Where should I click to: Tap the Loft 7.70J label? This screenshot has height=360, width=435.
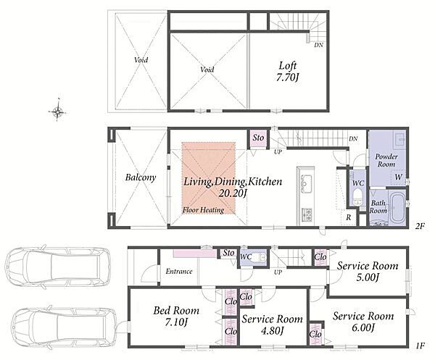pyautogui.click(x=288, y=72)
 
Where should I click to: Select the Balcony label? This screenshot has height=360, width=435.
pyautogui.click(x=141, y=177)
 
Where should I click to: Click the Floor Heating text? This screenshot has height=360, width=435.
pyautogui.click(x=203, y=210)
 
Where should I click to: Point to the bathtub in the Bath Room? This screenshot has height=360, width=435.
pyautogui.click(x=397, y=206)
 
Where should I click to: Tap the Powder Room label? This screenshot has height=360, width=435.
pyautogui.click(x=386, y=160)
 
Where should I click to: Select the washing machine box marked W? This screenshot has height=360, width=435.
pyautogui.click(x=398, y=177)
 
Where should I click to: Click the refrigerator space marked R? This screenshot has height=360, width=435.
pyautogui.click(x=348, y=217)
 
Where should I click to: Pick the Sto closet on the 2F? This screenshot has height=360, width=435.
pyautogui.click(x=258, y=138)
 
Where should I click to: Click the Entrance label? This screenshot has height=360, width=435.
pyautogui.click(x=179, y=272)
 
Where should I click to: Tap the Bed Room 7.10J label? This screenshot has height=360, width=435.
pyautogui.click(x=176, y=316)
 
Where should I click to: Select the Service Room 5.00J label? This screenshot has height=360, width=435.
pyautogui.click(x=368, y=271)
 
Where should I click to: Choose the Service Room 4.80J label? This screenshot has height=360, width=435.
pyautogui.click(x=272, y=325)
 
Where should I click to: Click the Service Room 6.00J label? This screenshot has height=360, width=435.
pyautogui.click(x=363, y=322)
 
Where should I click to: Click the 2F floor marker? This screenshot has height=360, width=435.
pyautogui.click(x=420, y=227)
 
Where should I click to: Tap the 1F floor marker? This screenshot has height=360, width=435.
pyautogui.click(x=420, y=346)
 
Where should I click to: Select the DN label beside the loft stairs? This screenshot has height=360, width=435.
pyautogui.click(x=318, y=45)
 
